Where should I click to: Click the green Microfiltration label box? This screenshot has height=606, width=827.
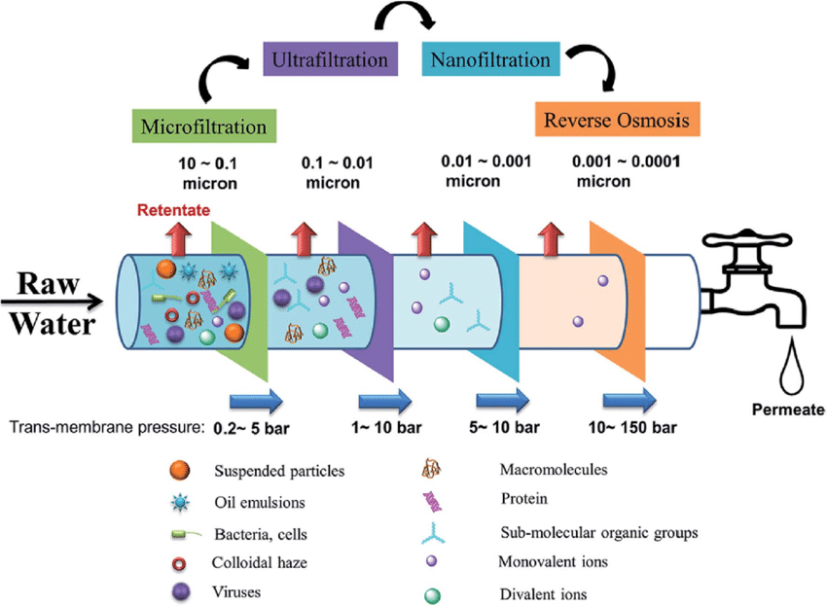pos(204,125)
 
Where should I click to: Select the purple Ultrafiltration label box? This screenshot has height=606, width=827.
pos(331,60)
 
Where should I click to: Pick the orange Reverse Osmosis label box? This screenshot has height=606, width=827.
pos(617,121)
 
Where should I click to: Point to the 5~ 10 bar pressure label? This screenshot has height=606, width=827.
pos(507,427)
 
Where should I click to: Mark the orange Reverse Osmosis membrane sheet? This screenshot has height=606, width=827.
pos(618,292)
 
